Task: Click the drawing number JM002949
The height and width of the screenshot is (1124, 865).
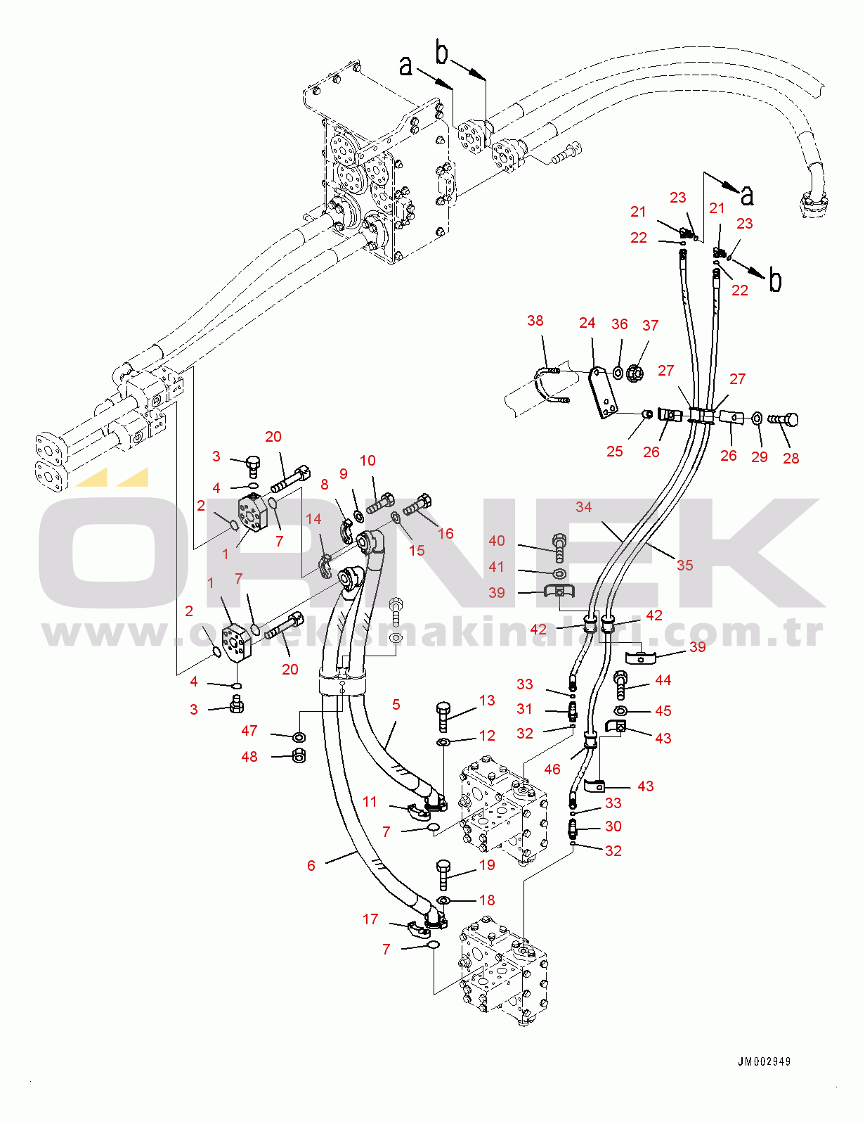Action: click(764, 1061)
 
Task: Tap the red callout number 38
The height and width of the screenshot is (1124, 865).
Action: click(535, 321)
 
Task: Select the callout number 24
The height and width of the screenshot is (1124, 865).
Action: click(587, 322)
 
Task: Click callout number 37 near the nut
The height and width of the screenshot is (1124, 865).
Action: click(650, 325)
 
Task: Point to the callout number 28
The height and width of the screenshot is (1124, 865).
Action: click(791, 458)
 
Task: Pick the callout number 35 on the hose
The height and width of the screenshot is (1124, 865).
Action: click(684, 565)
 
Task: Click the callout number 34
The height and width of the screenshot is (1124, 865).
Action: click(583, 506)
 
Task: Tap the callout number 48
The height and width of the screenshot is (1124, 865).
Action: click(249, 756)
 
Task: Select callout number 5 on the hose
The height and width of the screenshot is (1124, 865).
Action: click(396, 704)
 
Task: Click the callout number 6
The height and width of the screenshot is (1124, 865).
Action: click(311, 865)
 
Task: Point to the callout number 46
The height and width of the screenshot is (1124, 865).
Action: click(552, 769)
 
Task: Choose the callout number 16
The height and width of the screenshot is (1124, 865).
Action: click(445, 533)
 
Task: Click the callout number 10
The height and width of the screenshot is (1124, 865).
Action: click(368, 460)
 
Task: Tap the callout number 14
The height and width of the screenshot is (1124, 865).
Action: click(313, 518)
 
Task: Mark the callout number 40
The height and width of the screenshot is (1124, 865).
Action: click(497, 540)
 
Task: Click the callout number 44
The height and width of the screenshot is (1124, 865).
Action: click(663, 679)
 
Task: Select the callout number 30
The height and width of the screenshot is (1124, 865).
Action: click(613, 826)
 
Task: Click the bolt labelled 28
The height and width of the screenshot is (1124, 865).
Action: click(784, 420)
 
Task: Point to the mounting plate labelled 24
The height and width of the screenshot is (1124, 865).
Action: click(603, 392)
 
